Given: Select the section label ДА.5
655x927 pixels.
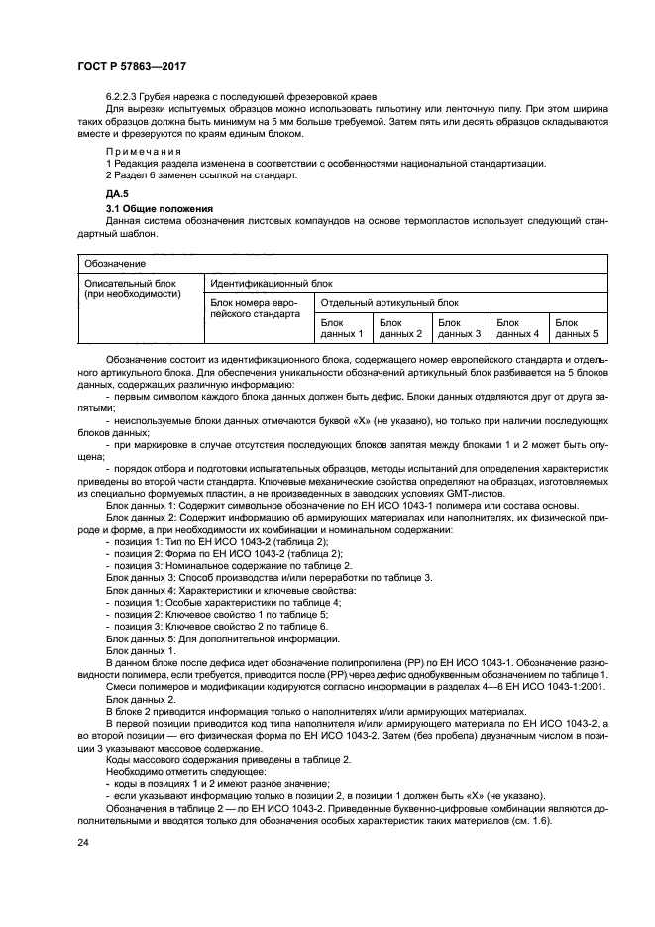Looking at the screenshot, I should [x=118, y=194].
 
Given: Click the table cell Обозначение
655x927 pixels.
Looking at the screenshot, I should [x=116, y=264].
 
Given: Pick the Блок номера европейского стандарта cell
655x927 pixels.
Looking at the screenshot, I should [x=256, y=307].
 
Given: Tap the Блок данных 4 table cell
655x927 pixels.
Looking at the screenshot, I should [x=517, y=328].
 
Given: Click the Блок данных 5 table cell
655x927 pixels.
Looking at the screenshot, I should [x=577, y=328].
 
